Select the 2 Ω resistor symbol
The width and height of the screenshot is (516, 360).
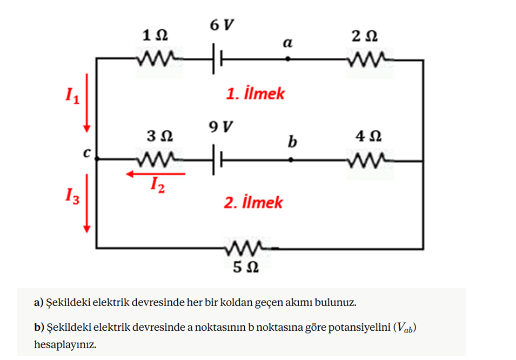tap(370, 59)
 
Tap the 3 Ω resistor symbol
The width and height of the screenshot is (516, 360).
tap(159, 159)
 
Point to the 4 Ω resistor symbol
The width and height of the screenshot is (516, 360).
tap(370, 161)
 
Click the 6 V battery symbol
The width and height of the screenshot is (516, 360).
tap(217, 58)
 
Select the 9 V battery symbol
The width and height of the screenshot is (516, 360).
tap(217, 160)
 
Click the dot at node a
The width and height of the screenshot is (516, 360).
tap(287, 59)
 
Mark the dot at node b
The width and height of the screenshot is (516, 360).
tap(291, 160)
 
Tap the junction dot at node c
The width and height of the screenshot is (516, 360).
tap(97, 159)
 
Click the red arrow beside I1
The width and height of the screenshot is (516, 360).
tap(87, 103)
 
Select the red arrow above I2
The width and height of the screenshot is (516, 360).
tap(156, 174)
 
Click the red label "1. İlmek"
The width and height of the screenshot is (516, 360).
tap(255, 94)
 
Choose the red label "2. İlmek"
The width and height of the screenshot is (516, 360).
tap(253, 202)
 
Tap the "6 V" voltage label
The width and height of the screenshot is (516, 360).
tap(222, 25)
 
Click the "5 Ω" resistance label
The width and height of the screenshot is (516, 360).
tap(246, 267)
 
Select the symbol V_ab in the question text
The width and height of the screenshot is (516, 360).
tap(405, 328)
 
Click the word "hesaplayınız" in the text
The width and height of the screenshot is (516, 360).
tap(65, 345)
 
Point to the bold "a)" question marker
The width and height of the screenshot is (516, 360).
tap(39, 302)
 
